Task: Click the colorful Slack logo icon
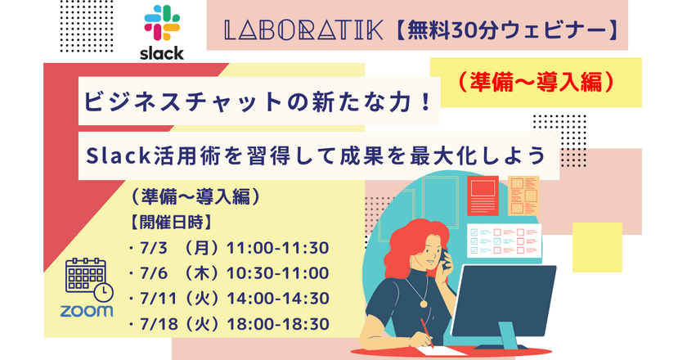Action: (162, 25)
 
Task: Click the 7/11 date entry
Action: (152, 298)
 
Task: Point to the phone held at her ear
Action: (442, 259)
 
